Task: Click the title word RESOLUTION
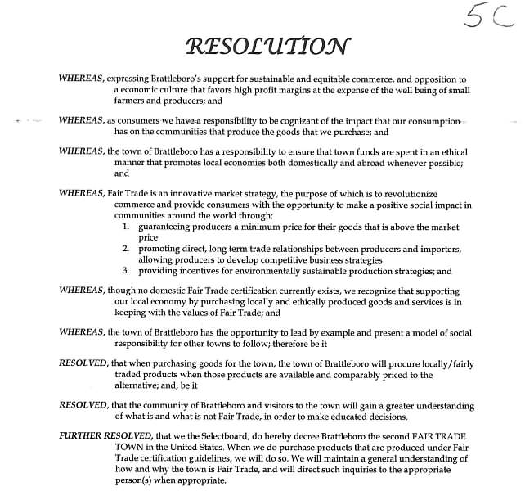[267, 45]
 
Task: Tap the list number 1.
[126, 227]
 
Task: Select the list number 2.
[126, 248]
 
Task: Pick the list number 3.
[126, 270]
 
